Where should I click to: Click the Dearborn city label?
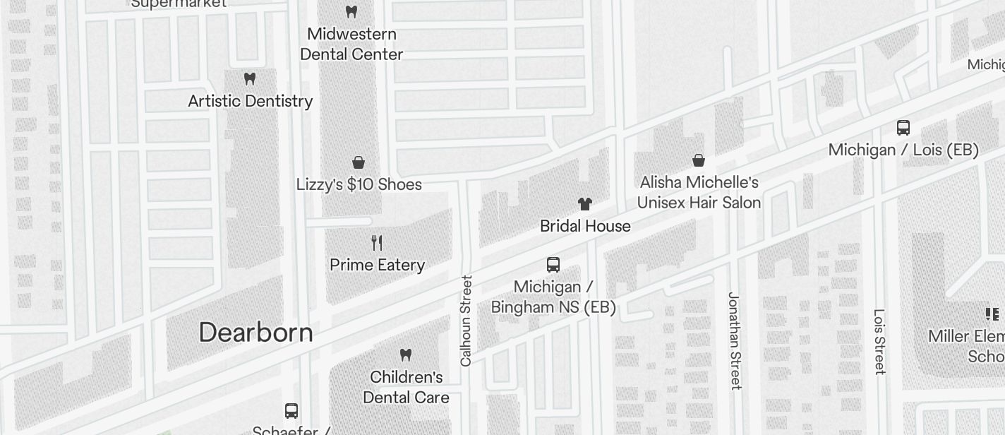[255, 332]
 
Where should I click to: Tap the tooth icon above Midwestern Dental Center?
[351, 12]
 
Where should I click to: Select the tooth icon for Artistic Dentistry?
[249, 78]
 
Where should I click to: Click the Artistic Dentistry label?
[250, 101]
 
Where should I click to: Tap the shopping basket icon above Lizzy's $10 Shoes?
[359, 162]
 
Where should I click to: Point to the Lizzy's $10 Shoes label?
[359, 184]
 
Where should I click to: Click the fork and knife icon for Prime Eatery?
[377, 243]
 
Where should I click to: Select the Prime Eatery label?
[377, 265]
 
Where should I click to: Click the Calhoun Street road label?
[466, 321]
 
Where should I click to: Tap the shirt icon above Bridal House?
[584, 204]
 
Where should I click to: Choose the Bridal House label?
[585, 226]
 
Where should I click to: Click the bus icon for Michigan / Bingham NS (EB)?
[553, 265]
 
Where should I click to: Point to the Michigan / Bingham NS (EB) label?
[553, 297]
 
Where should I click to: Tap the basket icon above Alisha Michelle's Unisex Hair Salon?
[698, 160]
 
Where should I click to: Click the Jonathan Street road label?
[735, 340]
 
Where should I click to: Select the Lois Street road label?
[879, 341]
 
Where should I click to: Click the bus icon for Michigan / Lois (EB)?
[903, 128]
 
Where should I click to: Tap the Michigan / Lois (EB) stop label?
[903, 150]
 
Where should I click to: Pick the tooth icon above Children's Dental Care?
[405, 354]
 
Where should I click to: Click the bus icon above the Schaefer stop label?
[291, 410]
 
